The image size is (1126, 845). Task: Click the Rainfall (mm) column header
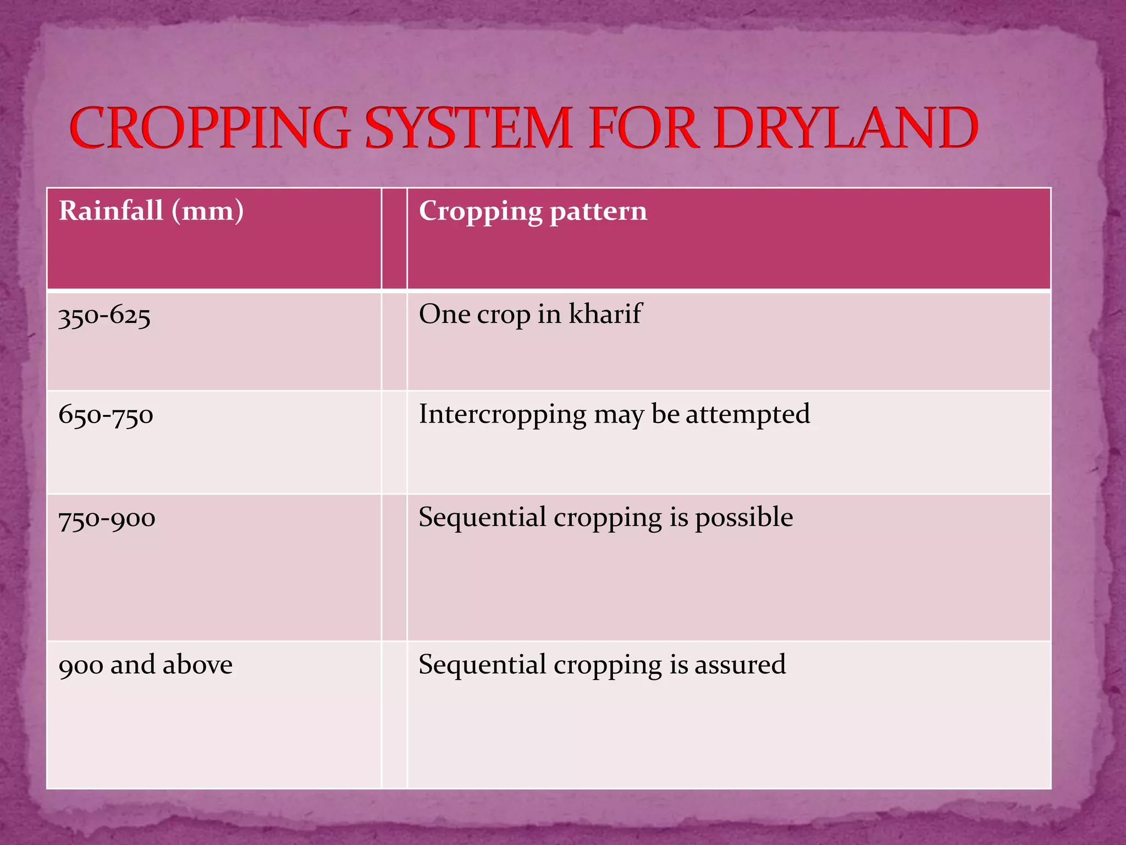(151, 211)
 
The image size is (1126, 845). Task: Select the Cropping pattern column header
(533, 211)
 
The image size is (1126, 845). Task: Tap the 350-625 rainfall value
(104, 316)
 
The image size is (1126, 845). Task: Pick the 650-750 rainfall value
(106, 415)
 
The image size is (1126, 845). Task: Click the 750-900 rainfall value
(107, 518)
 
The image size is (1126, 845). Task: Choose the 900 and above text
(145, 665)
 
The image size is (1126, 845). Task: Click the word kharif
(605, 314)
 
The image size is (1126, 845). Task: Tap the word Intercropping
(503, 415)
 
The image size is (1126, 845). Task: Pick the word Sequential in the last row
(482, 665)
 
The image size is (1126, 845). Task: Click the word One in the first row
(444, 314)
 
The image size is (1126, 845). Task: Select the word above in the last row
(197, 665)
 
